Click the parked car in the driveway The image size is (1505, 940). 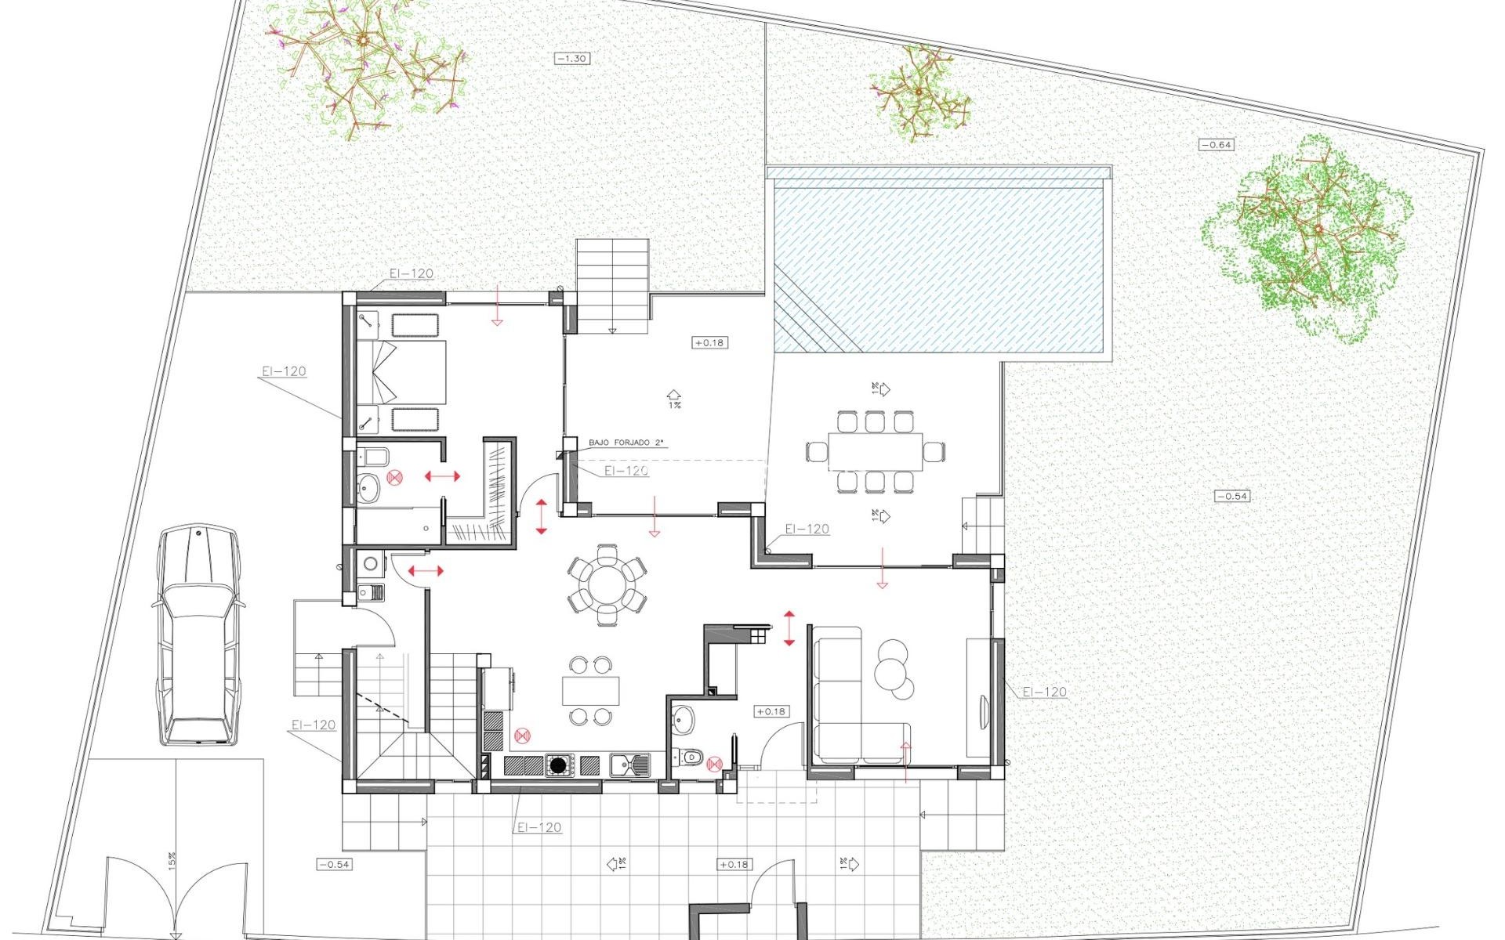pos(198,634)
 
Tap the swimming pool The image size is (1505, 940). pos(941,266)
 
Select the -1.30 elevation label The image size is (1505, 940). pos(571,58)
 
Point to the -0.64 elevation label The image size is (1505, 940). pos(1216,144)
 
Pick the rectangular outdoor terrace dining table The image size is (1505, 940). pos(875,451)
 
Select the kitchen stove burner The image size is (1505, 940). pos(558,765)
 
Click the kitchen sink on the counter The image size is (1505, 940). pos(629,764)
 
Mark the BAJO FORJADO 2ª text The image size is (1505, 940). pos(626,443)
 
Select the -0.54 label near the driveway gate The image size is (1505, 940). pos(334,865)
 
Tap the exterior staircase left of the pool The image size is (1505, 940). pos(613,286)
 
